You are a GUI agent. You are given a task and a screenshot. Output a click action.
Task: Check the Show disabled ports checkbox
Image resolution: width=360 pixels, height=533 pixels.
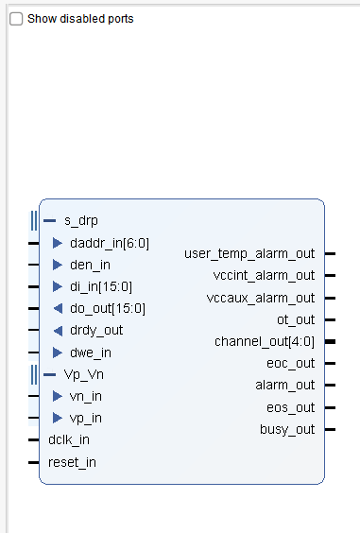pos(16,19)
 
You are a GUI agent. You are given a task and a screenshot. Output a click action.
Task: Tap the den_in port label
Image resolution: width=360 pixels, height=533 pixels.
pos(91,265)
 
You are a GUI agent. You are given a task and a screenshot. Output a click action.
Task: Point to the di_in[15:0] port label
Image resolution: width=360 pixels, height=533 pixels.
pos(101,286)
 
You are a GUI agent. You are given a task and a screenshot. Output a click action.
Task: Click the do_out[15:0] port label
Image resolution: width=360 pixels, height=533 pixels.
pos(108,308)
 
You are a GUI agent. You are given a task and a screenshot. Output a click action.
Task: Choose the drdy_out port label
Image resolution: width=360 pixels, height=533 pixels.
pos(96,330)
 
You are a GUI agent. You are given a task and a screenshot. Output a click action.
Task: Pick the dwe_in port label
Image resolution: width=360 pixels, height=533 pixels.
pos(91,352)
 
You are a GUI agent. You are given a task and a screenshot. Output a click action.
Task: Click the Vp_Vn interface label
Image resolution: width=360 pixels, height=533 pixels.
pos(83,374)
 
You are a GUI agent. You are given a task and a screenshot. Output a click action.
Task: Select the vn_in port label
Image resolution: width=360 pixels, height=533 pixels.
pos(86,396)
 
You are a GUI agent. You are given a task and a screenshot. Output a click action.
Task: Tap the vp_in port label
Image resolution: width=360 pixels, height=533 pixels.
pos(86,418)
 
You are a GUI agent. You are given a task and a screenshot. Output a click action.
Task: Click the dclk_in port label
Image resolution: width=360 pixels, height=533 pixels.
pos(70,439)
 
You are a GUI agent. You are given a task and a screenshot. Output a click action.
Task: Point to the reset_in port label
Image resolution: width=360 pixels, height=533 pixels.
pos(72,462)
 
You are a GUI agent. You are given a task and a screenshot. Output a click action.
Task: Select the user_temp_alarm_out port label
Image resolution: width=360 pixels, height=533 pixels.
pos(249,253)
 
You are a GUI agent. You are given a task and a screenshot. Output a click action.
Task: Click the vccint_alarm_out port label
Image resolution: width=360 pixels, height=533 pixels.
pos(264,275)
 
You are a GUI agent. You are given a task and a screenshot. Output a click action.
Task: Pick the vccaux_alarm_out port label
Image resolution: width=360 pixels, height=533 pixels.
pos(261,298)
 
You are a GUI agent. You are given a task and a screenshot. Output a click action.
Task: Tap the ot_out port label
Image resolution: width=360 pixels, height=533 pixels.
pos(296,319)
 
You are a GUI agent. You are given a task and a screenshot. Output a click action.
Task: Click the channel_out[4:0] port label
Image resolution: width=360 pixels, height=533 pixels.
pos(265,341)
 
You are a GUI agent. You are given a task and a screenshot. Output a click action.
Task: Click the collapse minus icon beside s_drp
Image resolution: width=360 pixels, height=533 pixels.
pos(50,221)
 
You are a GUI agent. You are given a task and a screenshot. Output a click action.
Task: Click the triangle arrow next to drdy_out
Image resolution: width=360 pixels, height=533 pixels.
pos(58,330)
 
